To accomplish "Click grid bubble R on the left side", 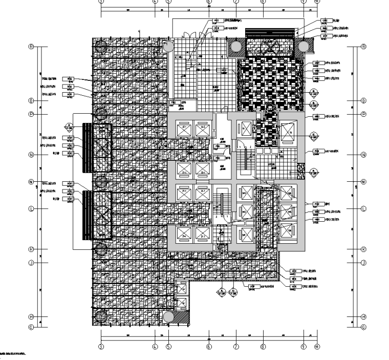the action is [31, 47].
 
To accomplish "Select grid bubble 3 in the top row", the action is [101, 2].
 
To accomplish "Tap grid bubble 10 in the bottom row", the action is [316, 347].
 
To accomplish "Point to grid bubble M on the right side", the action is [364, 182].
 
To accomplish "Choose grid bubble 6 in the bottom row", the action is [209, 347].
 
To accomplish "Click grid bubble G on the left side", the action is [31, 327].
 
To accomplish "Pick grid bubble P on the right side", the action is [364, 114].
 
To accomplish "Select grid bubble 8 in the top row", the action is [263, 2].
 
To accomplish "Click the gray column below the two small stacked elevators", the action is [169, 317].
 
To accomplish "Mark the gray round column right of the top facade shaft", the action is [305, 47].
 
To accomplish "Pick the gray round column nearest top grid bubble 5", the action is [169, 46].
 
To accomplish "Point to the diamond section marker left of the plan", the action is [69, 126].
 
